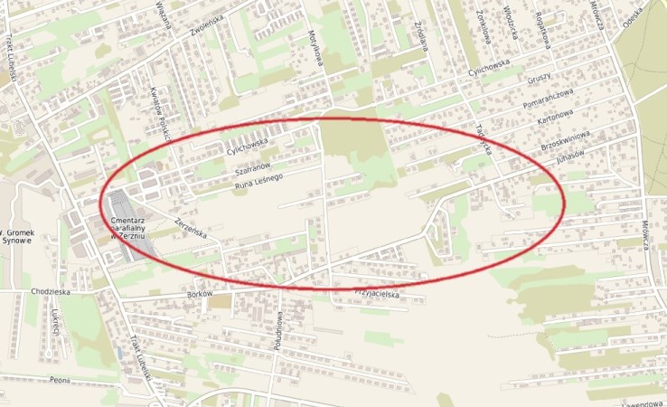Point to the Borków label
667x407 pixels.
[x=198, y=295]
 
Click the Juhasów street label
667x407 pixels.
[x=572, y=155]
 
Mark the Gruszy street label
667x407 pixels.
[x=540, y=79]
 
